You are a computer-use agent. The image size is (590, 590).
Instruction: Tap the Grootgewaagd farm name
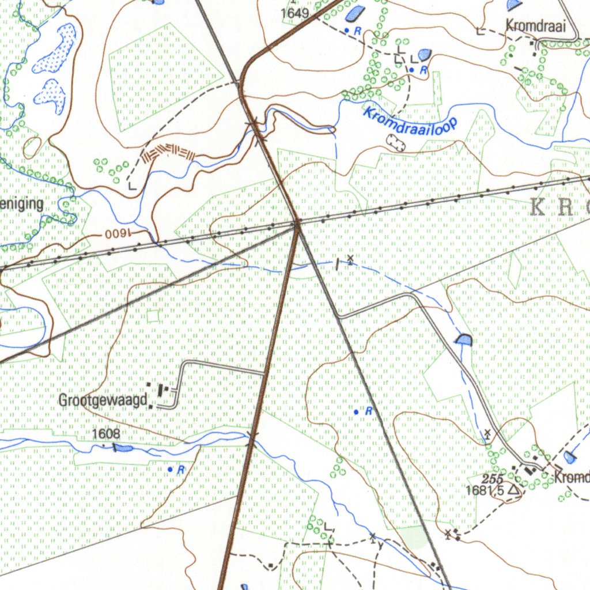pyautogui.click(x=103, y=400)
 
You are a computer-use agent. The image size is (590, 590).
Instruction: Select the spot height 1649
pyautogui.click(x=295, y=13)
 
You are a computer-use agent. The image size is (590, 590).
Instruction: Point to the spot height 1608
pyautogui.click(x=106, y=433)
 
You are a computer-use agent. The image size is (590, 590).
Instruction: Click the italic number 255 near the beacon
pyautogui.click(x=493, y=479)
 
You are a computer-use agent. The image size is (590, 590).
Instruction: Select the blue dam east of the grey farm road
pyautogui.click(x=463, y=340)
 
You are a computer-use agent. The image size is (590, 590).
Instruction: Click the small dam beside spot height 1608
pyautogui.click(x=122, y=448)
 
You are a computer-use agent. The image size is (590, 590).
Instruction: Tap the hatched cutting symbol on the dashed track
pyautogui.click(x=168, y=152)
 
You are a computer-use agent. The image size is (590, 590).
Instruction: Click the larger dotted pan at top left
pyautogui.click(x=56, y=49)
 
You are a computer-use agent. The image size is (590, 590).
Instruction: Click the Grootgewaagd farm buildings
pyautogui.click(x=159, y=392)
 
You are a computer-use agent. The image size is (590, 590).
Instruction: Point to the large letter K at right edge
pyautogui.click(x=537, y=207)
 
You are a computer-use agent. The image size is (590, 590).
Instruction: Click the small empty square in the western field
pyautogui.click(x=153, y=316)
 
